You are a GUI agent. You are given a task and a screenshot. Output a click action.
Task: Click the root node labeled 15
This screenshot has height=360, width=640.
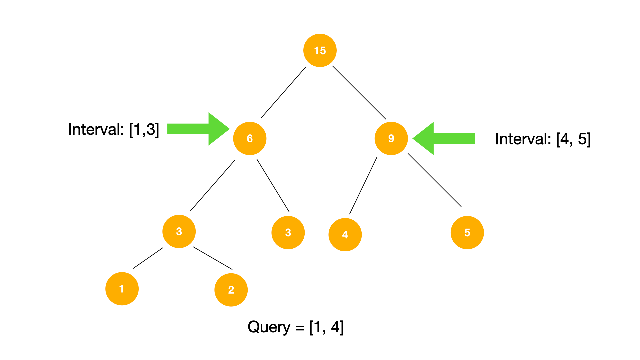[320, 50]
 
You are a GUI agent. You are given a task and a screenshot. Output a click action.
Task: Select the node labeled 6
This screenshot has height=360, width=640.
[250, 138]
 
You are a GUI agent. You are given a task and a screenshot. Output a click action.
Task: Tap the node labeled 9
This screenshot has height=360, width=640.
[391, 138]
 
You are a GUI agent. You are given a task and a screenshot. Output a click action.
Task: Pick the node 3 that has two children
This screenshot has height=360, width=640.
[179, 231]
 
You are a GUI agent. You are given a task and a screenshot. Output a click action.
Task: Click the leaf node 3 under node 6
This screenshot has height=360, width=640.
[288, 232]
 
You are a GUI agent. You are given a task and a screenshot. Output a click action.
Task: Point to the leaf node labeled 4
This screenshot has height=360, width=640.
[345, 234]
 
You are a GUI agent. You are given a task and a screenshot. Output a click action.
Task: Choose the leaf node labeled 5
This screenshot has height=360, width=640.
[467, 232]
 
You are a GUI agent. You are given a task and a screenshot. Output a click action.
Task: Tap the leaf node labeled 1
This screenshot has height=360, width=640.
[122, 289]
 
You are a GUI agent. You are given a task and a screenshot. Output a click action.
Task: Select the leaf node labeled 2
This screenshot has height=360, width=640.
[231, 290]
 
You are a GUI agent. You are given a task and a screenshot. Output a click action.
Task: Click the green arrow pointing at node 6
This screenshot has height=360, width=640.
[197, 129]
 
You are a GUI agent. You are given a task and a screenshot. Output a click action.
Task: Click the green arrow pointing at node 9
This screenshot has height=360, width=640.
[445, 138]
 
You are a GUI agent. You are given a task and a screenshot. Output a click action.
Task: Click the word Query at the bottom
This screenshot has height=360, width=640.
[269, 327]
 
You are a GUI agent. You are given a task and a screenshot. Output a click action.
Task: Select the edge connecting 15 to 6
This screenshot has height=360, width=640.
[283, 93]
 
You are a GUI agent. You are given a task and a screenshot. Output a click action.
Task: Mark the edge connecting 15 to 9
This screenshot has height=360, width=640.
[359, 92]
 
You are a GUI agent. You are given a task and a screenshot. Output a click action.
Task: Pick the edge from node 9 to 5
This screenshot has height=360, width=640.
[434, 180]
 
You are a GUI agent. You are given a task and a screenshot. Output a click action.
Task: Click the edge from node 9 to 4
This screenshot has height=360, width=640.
[363, 185]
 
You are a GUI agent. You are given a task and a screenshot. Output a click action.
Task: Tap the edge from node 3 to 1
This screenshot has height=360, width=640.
[148, 258]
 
